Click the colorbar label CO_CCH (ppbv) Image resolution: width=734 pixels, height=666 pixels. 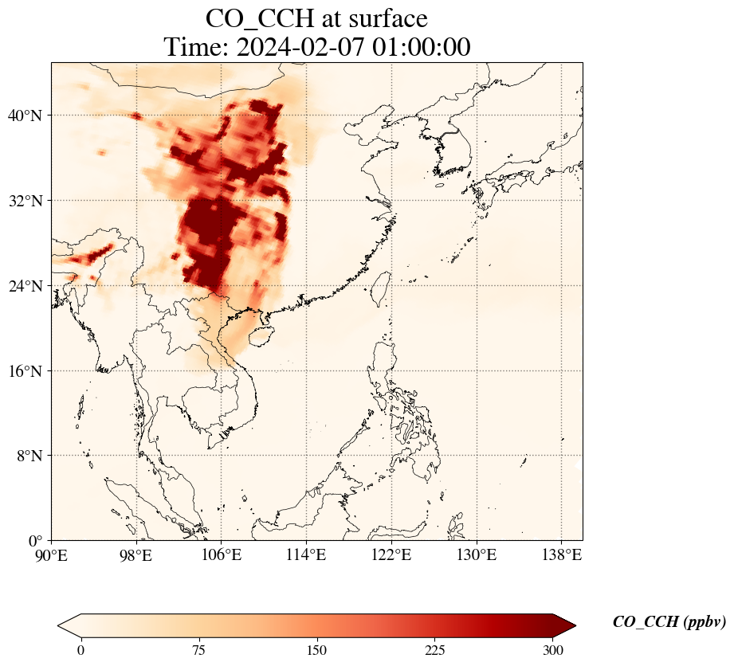(669, 622)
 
